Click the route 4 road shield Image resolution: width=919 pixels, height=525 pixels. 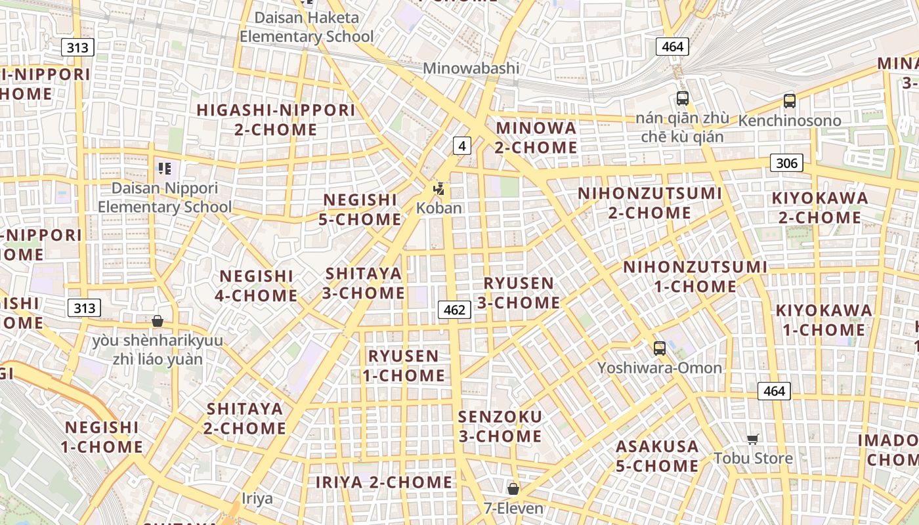[462, 146]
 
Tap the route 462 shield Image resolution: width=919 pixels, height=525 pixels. [454, 309]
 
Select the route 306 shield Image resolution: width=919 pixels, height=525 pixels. [786, 163]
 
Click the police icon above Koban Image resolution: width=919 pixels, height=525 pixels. [439, 190]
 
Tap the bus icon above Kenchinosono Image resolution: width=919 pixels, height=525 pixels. [789, 101]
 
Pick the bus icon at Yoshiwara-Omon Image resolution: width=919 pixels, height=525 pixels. [660, 348]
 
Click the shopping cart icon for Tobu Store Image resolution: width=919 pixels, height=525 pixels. [753, 439]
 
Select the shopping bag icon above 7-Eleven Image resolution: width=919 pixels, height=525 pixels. [513, 489]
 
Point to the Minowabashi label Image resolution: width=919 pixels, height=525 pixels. [471, 68]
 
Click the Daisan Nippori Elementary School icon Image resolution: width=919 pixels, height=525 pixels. [164, 169]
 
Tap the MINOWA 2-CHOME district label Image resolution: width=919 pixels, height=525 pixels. [536, 138]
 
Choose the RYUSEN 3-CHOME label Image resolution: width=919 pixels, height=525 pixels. [519, 293]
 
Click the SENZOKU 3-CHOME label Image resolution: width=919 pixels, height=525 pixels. [500, 427]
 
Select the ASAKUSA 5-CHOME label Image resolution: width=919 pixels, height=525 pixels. [657, 456]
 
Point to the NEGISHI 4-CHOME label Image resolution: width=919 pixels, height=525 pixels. [256, 285]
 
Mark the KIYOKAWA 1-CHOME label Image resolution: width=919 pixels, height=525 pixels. [824, 320]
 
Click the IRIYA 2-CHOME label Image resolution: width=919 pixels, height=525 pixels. [384, 482]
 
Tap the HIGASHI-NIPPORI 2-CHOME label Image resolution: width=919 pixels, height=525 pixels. [276, 119]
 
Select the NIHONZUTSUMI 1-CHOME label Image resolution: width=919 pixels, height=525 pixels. [695, 276]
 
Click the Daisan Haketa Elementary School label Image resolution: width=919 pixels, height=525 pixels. [307, 27]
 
